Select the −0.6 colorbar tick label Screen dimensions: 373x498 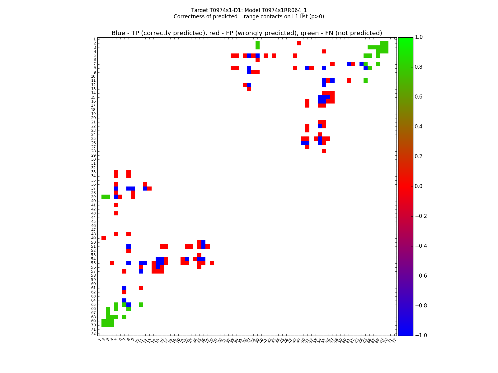421,276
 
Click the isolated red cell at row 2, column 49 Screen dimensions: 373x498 299,43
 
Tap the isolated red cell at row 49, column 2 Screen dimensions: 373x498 104,238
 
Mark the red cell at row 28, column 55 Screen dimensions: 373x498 324,151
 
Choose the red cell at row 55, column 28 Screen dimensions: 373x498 212,263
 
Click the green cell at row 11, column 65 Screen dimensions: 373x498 365,81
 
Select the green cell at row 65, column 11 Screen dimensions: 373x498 141,305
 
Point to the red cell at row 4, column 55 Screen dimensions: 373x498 324,51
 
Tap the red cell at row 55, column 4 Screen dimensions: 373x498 112,263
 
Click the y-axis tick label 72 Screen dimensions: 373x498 93,334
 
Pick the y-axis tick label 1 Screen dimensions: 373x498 94,39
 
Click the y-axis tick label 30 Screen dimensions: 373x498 93,159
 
